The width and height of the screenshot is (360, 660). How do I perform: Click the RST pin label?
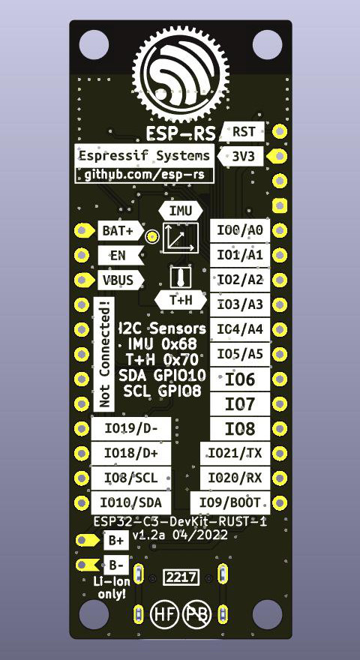[x=244, y=132]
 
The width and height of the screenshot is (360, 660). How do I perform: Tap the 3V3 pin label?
[x=241, y=157]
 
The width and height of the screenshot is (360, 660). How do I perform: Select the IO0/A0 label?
[x=240, y=231]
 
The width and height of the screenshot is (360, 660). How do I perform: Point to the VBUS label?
[x=121, y=280]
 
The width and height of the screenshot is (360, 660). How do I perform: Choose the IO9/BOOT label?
[x=230, y=502]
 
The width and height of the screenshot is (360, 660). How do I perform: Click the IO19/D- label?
[x=131, y=429]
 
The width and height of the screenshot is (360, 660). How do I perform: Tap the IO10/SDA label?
[x=131, y=502]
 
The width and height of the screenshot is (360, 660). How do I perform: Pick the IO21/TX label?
[x=235, y=453]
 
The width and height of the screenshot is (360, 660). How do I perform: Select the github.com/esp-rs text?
[x=145, y=175]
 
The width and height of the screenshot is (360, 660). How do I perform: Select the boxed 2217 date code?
[x=181, y=577]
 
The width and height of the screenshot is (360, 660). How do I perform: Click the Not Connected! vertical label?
[x=103, y=353]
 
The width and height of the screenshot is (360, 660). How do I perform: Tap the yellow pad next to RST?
[x=280, y=132]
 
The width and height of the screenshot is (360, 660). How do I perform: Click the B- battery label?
[x=116, y=565]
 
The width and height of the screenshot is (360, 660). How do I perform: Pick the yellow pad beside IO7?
[x=280, y=404]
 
